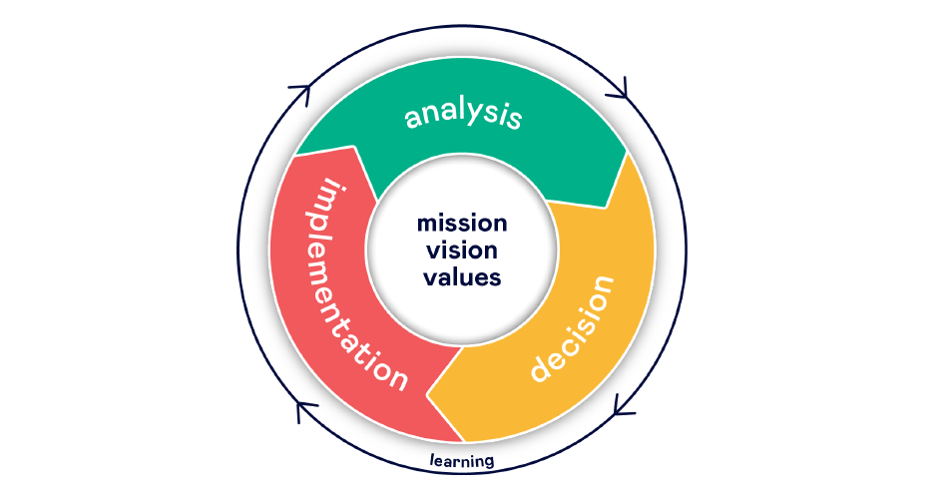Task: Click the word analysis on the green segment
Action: (x=463, y=115)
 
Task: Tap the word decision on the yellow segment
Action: (x=570, y=330)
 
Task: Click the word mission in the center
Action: (x=461, y=222)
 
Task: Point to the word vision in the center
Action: (x=461, y=249)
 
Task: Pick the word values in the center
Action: (x=461, y=277)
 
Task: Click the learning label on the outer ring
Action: (x=461, y=461)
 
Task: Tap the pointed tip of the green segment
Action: (x=606, y=207)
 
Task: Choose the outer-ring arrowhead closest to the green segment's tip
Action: (x=620, y=91)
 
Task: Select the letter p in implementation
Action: (x=333, y=223)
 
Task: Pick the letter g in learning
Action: (x=488, y=463)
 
